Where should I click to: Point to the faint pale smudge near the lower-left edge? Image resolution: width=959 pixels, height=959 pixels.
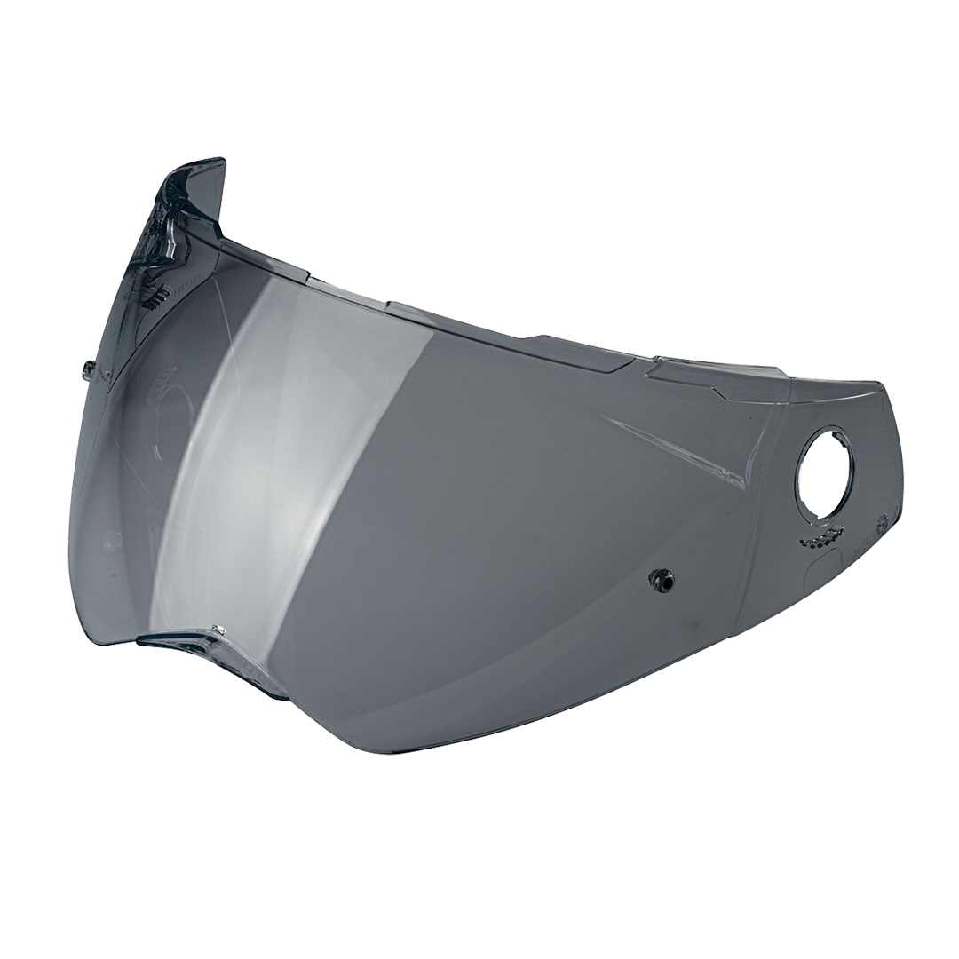(110, 538)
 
